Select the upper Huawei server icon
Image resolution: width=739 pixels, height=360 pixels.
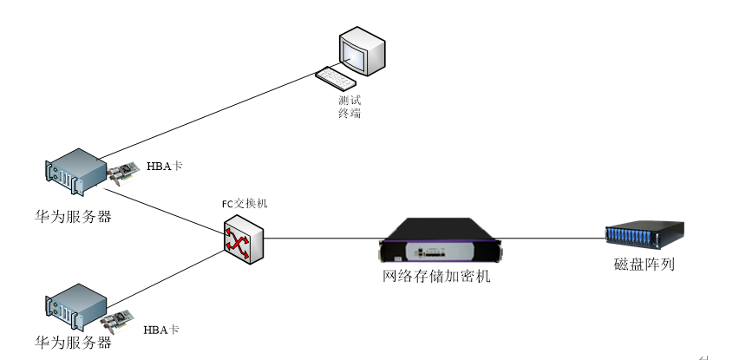pos(73,174)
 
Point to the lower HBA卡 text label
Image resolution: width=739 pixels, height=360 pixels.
pos(161,330)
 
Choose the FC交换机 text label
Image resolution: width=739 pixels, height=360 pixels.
pos(245,204)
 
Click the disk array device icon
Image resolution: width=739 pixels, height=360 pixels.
pos(644,235)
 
